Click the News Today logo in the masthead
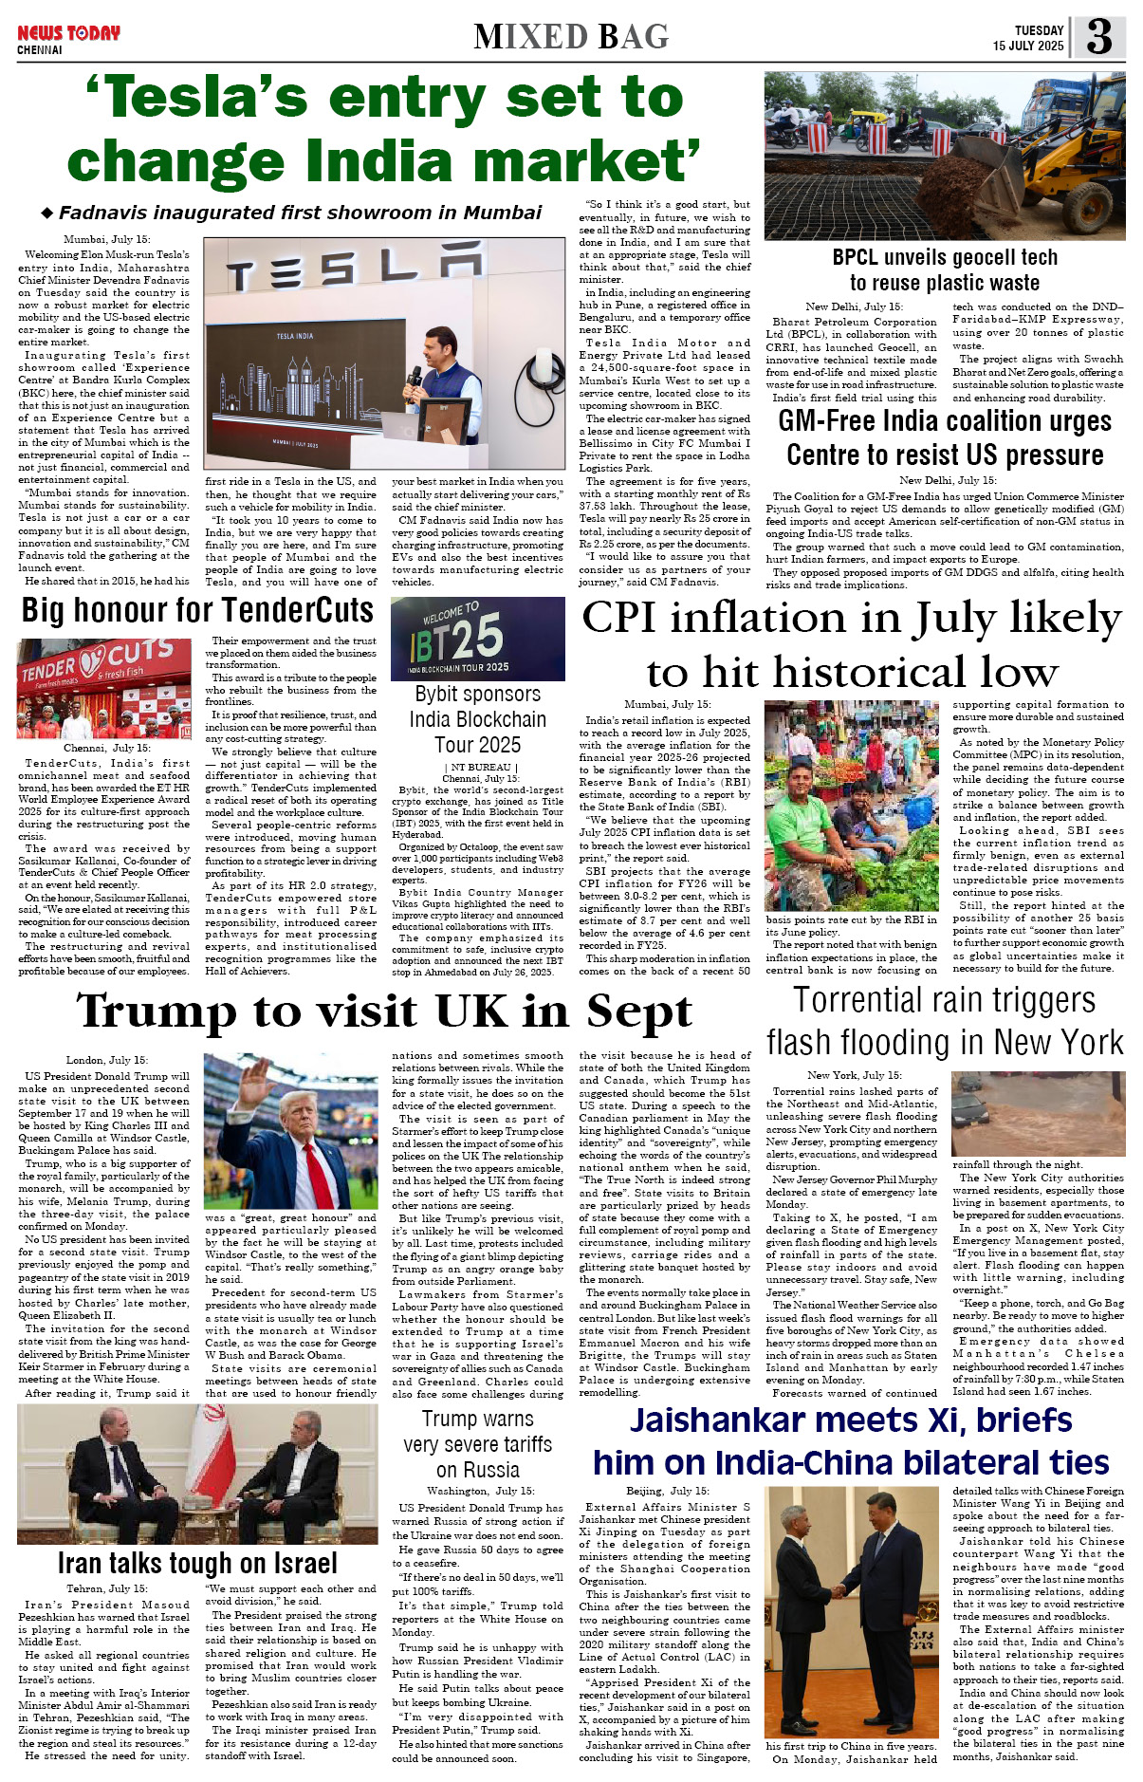click(x=68, y=33)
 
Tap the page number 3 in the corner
click(x=1099, y=37)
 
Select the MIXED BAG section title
click(x=571, y=37)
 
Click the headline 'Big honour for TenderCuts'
click(x=197, y=610)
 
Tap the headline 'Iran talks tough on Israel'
click(x=197, y=1563)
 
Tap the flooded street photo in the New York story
click(x=1037, y=1113)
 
